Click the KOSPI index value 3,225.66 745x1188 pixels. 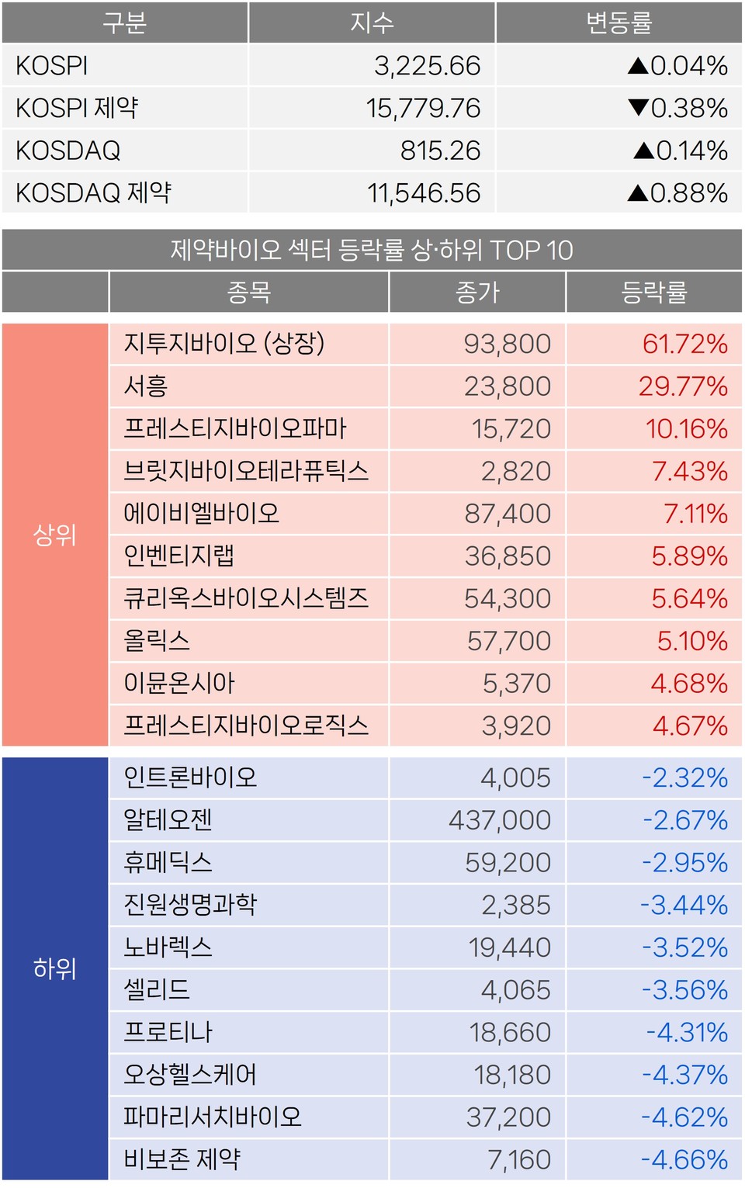tap(427, 66)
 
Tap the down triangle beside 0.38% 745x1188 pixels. tap(638, 108)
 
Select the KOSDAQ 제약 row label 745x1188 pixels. tap(93, 192)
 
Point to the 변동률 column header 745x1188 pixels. tap(619, 23)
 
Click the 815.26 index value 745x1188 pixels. tap(440, 151)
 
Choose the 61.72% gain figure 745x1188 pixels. tap(684, 344)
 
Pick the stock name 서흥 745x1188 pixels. tap(146, 386)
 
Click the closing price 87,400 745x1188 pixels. tap(508, 514)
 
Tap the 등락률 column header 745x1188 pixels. tap(653, 292)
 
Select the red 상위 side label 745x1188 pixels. tap(54, 535)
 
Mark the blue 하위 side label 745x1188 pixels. tap(54, 968)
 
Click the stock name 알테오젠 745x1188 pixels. tap(168, 819)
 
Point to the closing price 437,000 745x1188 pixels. tap(500, 820)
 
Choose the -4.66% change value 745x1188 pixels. tap(684, 1159)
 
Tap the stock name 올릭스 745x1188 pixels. tap(157, 641)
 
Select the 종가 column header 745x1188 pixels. tap(477, 292)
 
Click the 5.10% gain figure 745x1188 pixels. tap(692, 641)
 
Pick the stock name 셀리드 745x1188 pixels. tap(157, 989)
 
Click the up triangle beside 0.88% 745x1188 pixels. tap(638, 192)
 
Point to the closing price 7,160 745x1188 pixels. tap(518, 1159)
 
